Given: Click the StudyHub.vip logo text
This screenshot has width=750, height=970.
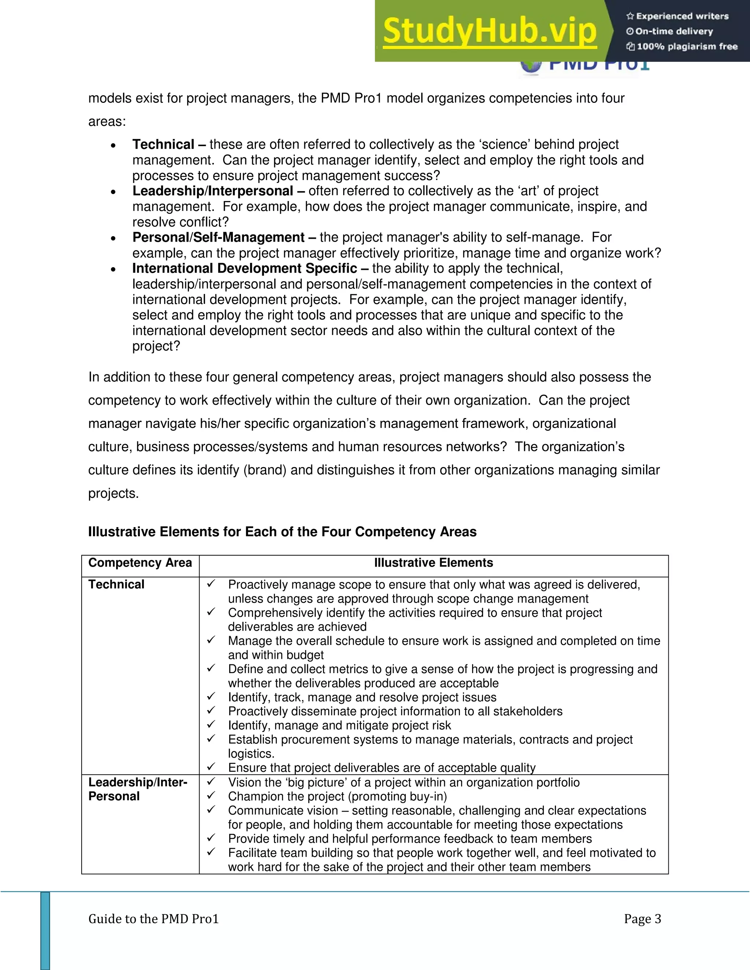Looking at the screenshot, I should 489,31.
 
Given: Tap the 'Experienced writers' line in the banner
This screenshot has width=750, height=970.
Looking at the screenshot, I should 677,16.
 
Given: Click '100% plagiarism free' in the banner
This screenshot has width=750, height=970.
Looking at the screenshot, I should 682,46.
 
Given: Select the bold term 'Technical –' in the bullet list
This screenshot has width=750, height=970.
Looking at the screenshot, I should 169,144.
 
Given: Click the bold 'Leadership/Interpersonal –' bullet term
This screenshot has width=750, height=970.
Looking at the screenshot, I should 218,191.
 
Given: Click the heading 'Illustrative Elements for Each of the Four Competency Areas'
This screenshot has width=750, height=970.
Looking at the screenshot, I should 282,531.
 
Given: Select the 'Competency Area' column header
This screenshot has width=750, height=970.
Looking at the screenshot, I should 140,563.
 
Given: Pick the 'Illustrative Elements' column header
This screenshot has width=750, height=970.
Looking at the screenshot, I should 433,563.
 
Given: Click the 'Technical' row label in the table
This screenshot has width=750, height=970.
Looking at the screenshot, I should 116,585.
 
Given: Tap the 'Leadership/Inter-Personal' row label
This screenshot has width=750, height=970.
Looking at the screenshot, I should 138,789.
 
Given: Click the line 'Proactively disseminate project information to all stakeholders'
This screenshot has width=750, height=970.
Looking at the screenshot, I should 395,711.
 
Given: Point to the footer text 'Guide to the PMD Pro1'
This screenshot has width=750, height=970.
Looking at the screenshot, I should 153,919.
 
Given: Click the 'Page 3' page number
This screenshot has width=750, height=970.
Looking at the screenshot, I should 642,919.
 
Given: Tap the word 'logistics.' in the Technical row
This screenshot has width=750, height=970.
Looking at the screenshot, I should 251,754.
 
